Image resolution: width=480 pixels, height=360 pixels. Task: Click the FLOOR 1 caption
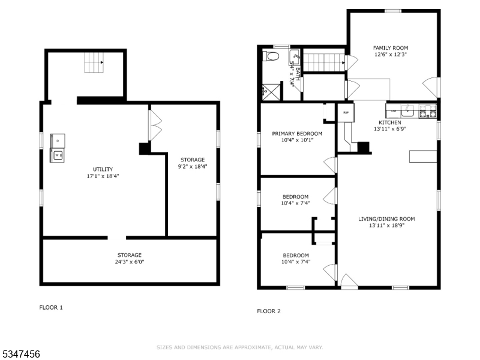(x=51, y=307)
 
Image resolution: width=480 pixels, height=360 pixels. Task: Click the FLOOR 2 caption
(x=268, y=311)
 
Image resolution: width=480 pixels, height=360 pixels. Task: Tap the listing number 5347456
(x=20, y=355)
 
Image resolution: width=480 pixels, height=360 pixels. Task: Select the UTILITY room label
(x=103, y=169)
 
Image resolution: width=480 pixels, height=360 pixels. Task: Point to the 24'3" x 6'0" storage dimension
(x=130, y=262)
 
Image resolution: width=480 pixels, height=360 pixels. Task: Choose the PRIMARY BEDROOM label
(x=297, y=133)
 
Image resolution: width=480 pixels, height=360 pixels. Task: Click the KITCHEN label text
(x=389, y=122)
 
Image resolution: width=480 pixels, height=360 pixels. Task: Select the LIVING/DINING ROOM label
(x=386, y=218)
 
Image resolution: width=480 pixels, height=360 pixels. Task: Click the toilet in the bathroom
(x=272, y=57)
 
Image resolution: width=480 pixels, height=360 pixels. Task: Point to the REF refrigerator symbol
(x=346, y=112)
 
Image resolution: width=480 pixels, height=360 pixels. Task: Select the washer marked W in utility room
(x=58, y=155)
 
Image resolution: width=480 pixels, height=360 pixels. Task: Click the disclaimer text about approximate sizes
(x=240, y=347)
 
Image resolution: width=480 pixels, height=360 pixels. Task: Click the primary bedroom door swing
(x=329, y=164)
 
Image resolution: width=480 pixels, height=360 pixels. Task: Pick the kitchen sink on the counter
(x=408, y=110)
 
